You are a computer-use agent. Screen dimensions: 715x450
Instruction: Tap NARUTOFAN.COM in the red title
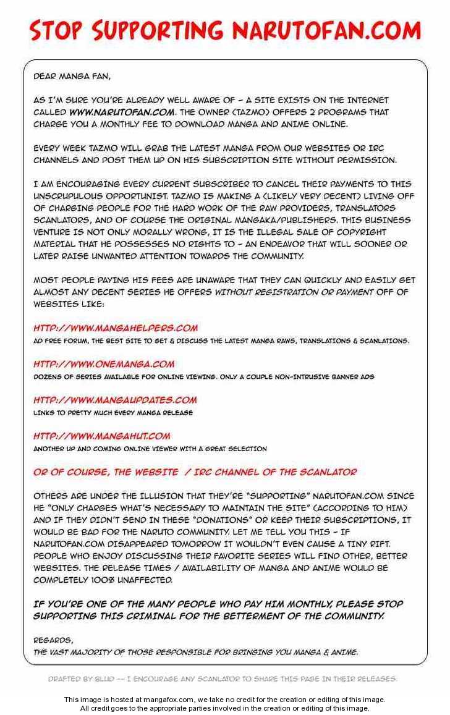pyautogui.click(x=326, y=30)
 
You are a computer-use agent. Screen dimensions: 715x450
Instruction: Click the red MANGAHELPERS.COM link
pyautogui.click(x=116, y=328)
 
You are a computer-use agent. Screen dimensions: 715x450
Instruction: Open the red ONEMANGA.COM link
pyautogui.click(x=104, y=364)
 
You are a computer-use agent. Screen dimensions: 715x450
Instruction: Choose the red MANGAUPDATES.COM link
pyautogui.click(x=115, y=400)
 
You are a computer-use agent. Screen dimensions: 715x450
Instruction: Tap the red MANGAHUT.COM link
pyautogui.click(x=102, y=436)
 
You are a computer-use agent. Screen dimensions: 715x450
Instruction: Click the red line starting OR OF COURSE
pyautogui.click(x=195, y=472)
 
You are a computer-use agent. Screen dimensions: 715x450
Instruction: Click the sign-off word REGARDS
pyautogui.click(x=53, y=640)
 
